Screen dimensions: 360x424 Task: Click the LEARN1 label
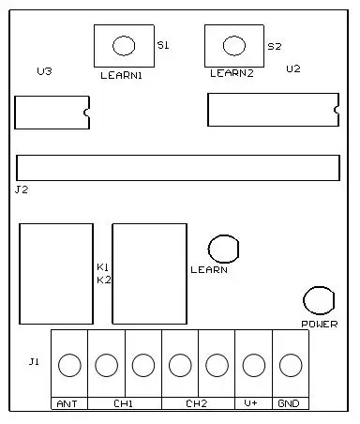click(121, 75)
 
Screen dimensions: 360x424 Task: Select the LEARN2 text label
click(232, 73)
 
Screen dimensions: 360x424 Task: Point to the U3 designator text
click(44, 71)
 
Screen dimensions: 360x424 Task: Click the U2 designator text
click(293, 68)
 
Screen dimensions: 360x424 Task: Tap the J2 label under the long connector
click(22, 189)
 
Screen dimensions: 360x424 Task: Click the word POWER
click(320, 325)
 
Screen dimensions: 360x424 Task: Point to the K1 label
click(102, 267)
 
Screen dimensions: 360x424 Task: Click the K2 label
click(104, 280)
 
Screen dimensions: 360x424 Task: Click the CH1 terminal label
click(123, 403)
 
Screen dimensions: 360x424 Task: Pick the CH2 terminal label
click(196, 403)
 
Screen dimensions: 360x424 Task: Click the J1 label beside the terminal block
click(34, 362)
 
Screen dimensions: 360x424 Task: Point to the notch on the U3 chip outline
click(85, 113)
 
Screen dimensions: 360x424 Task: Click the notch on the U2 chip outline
click(337, 110)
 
